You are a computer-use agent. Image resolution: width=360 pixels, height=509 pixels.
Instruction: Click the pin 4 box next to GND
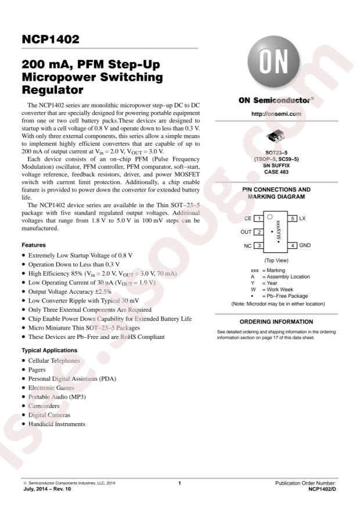point(294,246)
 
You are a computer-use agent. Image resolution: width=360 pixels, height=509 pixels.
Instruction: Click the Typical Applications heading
point(49,351)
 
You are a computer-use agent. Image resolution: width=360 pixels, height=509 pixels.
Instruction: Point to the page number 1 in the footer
point(180,483)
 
